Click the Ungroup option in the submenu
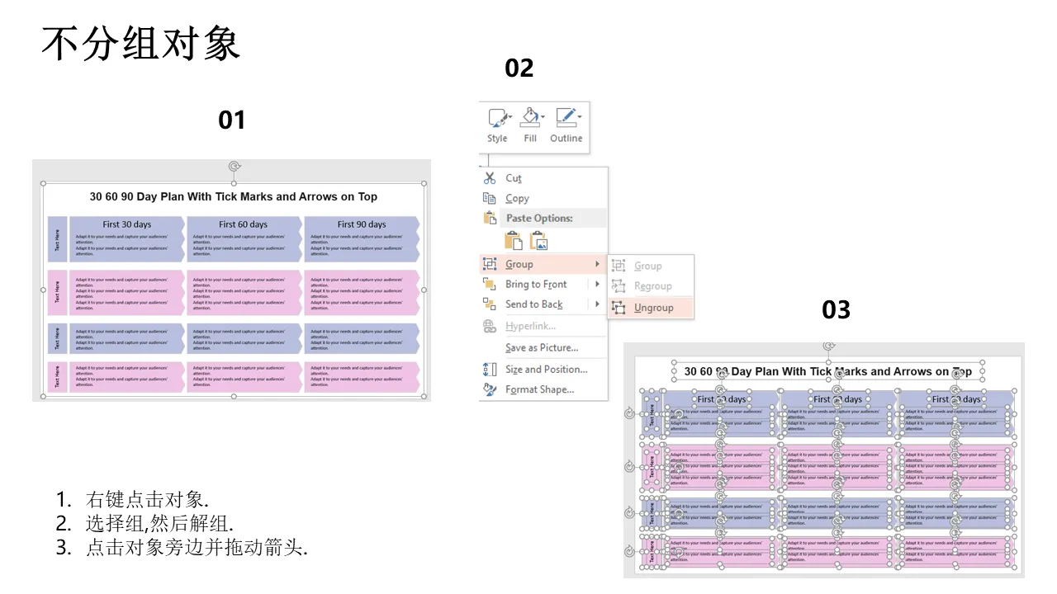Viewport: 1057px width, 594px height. (653, 308)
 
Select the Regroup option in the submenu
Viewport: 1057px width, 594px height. (652, 286)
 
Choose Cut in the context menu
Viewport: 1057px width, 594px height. (514, 178)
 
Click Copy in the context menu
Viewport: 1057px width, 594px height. (517, 199)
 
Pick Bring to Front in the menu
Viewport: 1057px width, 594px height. (536, 285)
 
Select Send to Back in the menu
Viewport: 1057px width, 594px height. (533, 304)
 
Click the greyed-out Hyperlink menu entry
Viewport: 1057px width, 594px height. (530, 327)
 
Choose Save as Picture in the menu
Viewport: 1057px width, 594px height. (542, 348)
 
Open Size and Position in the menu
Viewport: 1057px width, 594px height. (546, 370)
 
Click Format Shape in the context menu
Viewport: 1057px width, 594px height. (539, 389)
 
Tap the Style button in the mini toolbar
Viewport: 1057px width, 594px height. (498, 125)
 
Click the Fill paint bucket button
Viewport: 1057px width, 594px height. (531, 125)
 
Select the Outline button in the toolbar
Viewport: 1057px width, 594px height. (566, 125)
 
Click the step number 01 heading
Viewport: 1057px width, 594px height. (232, 120)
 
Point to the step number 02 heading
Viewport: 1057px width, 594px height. (519, 68)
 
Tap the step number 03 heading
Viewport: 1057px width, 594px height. (836, 310)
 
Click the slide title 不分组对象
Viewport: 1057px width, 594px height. (140, 44)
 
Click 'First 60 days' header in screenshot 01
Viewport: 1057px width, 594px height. (243, 224)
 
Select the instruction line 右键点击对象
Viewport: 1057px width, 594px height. (147, 500)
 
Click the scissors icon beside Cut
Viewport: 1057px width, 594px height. (490, 178)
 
